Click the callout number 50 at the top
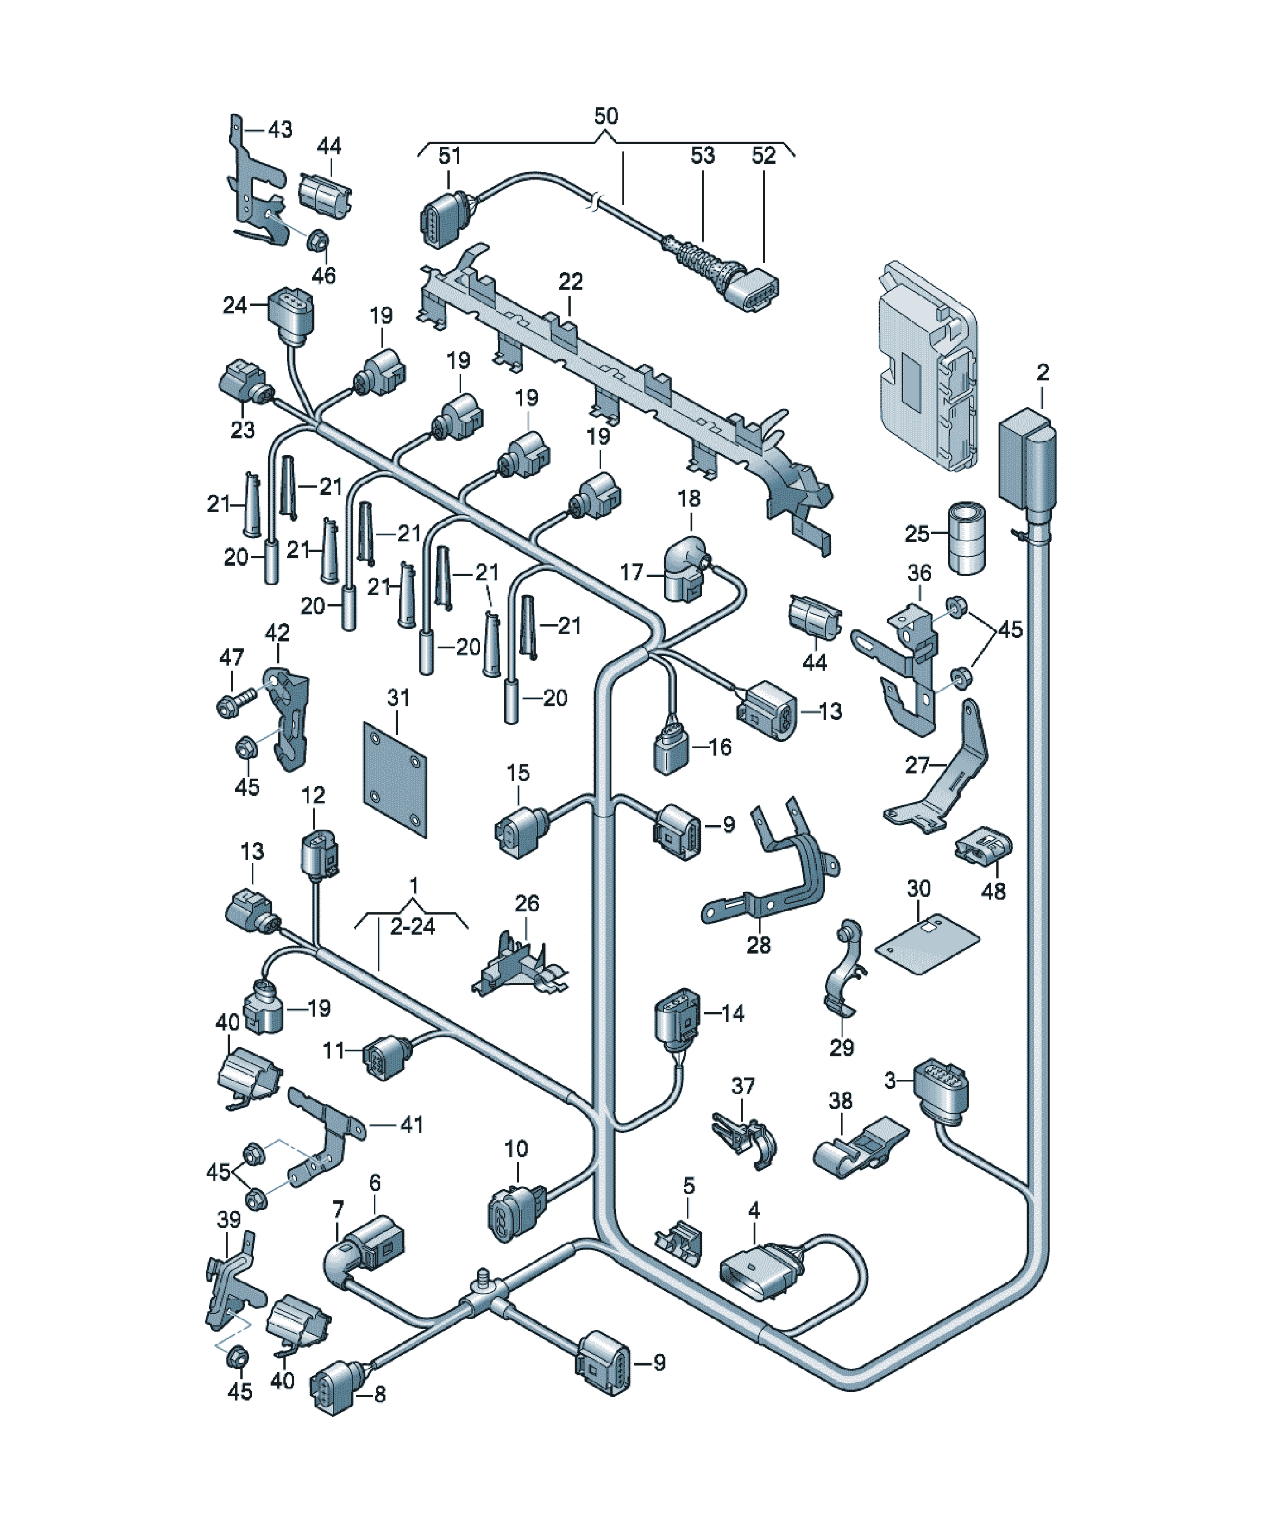(606, 116)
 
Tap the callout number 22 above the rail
(571, 281)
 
